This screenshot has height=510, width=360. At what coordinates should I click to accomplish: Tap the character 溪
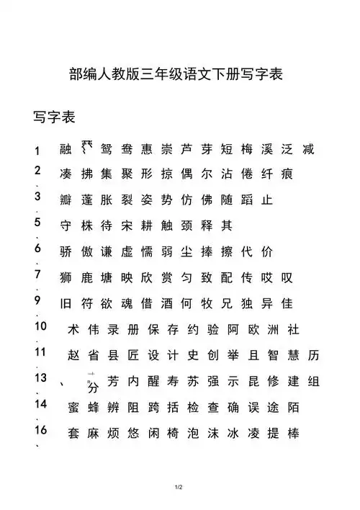(x=269, y=150)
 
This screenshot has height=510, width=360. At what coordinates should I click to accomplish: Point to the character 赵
(x=73, y=356)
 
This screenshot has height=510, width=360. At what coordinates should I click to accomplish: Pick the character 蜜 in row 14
(x=73, y=408)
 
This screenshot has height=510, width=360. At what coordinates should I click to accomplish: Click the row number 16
(x=40, y=430)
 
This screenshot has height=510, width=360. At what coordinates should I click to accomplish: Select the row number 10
(x=40, y=326)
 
